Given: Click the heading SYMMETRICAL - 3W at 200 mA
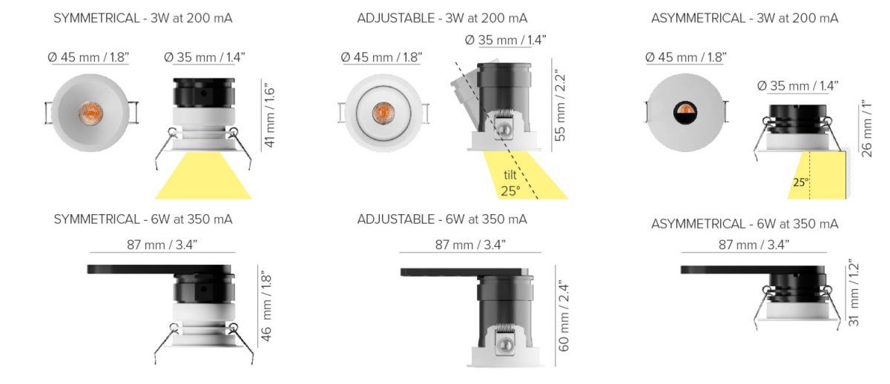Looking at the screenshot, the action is click(143, 19).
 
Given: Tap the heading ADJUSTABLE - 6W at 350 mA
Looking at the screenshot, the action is click(442, 219).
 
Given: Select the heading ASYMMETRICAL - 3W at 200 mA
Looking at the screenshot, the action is click(745, 19).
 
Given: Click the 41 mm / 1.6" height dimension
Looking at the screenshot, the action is click(269, 115).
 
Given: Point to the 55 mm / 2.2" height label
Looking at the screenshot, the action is click(560, 106).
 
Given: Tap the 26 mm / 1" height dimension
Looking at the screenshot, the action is click(866, 129).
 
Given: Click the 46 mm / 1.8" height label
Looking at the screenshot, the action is click(266, 308).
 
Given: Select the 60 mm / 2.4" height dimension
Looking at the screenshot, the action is click(564, 317).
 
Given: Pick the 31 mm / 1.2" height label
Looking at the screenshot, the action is click(854, 293).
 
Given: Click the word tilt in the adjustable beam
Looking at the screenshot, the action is click(510, 175).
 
